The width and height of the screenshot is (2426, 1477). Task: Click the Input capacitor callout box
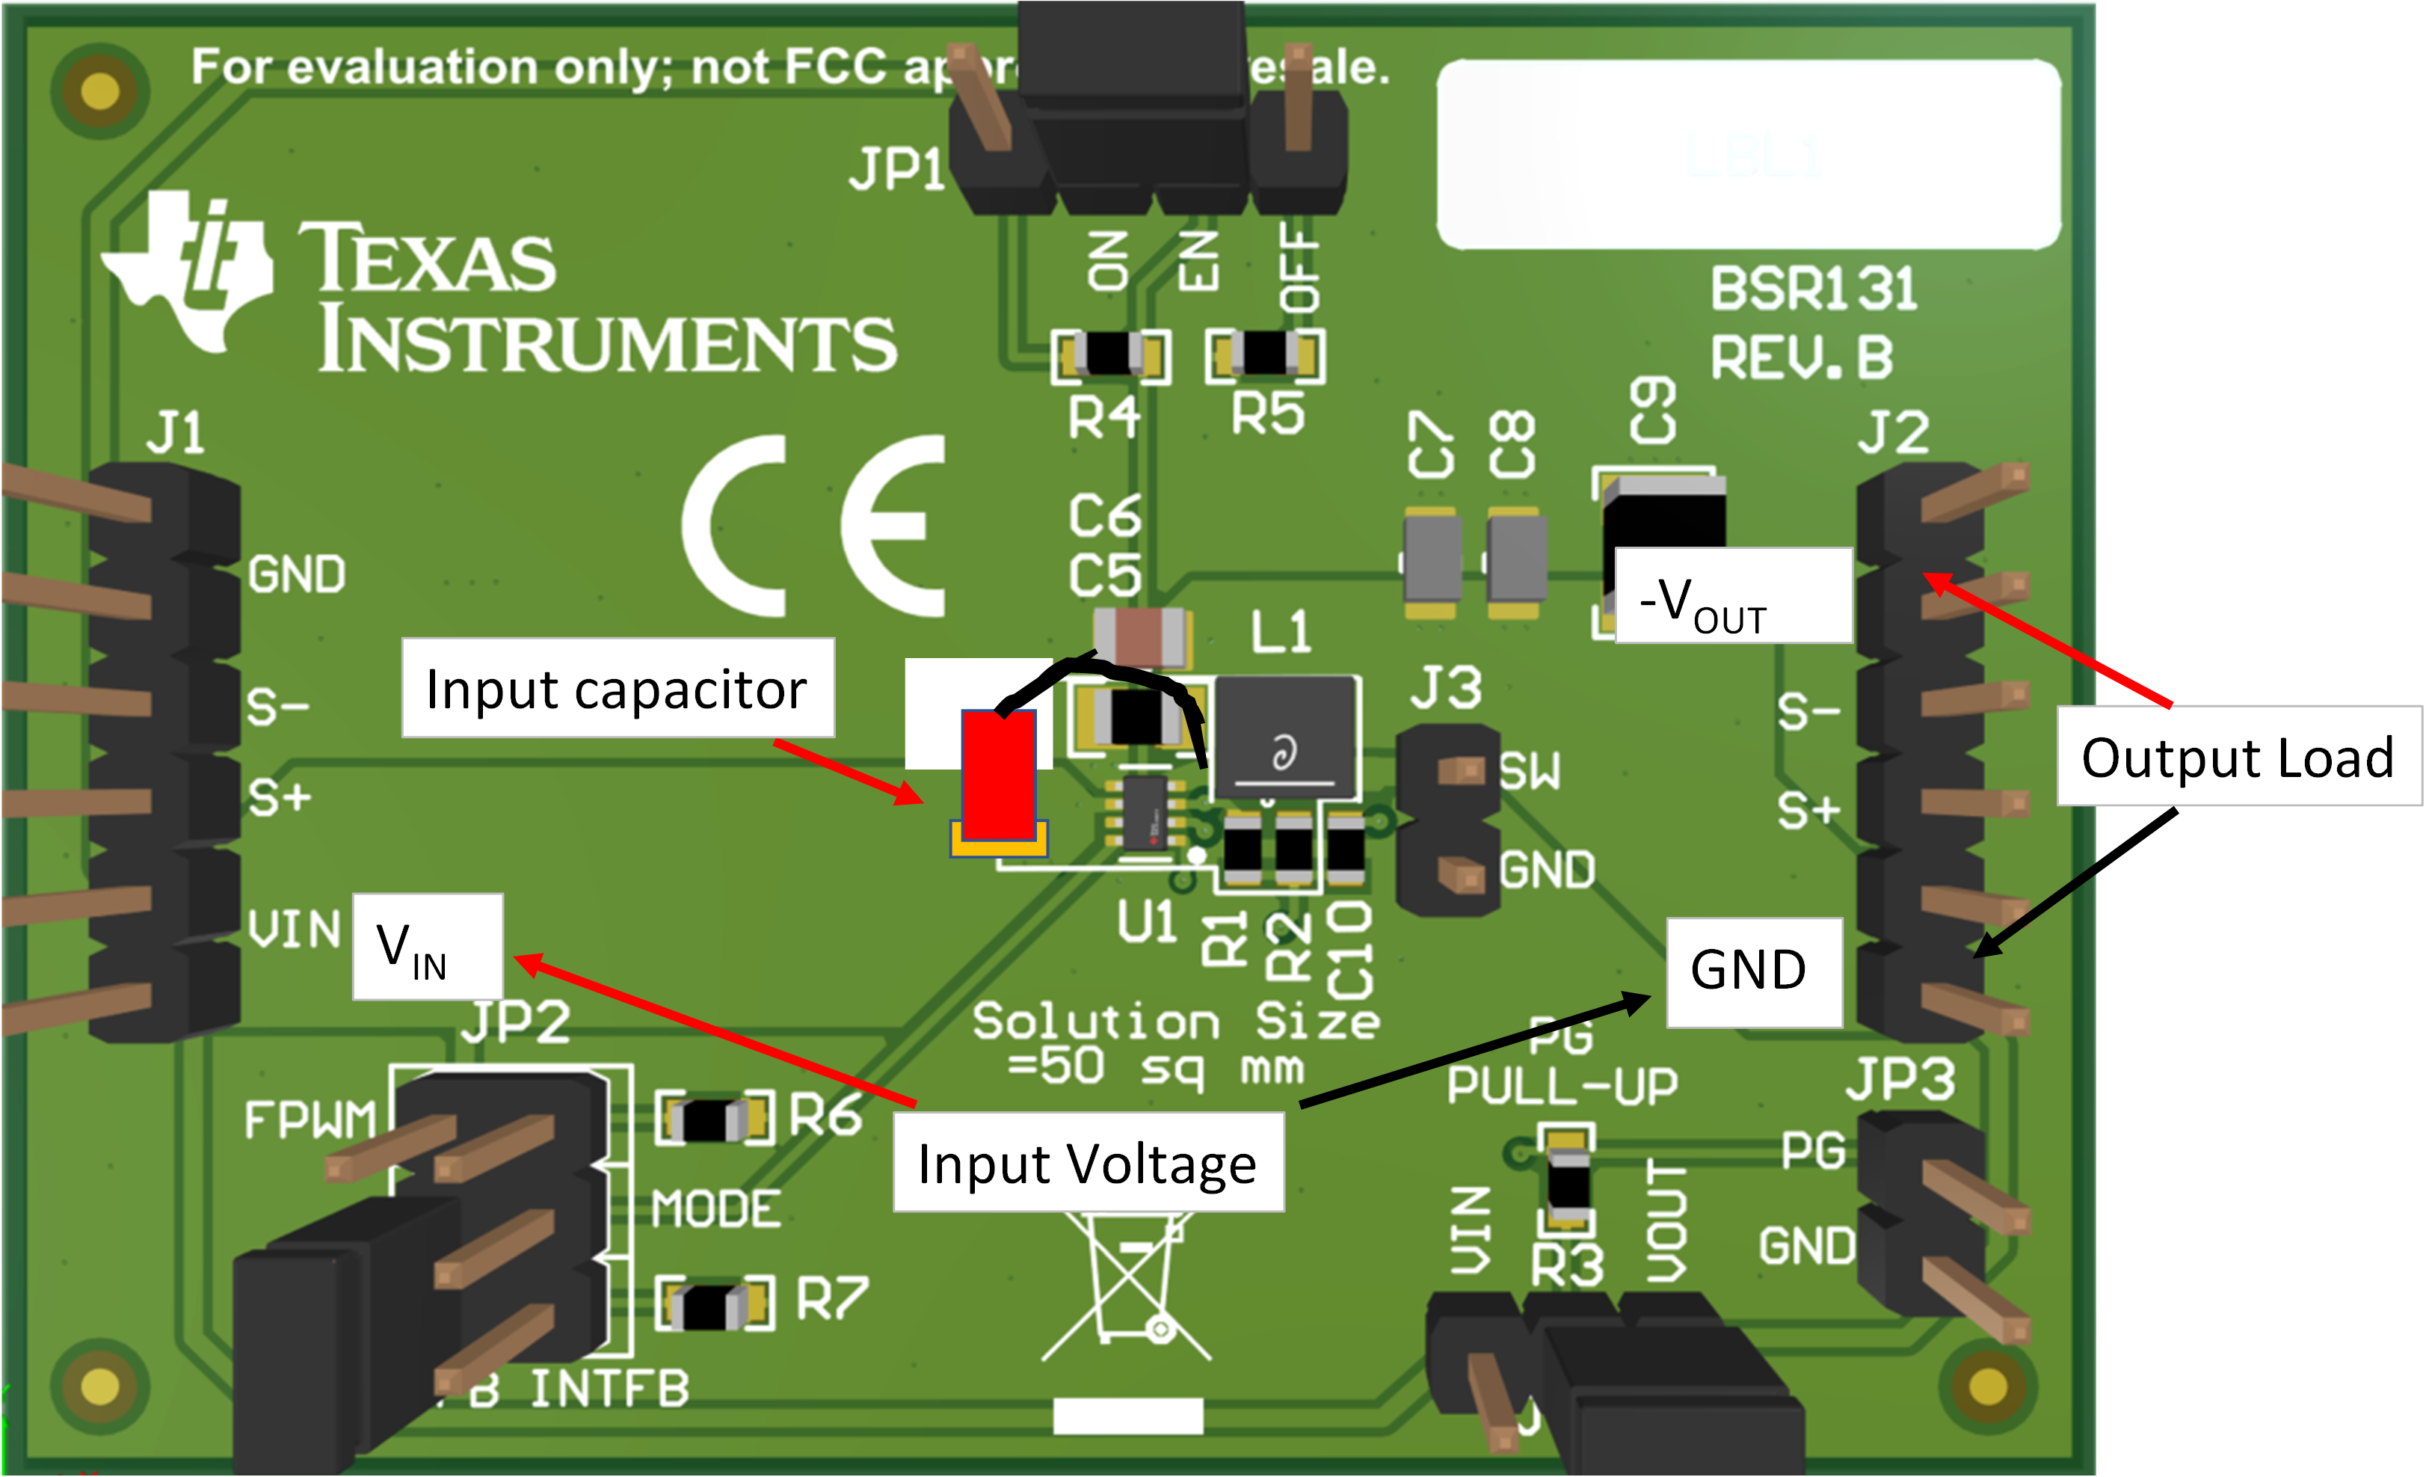[x=618, y=688]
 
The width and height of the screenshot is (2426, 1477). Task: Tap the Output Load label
[x=2237, y=756]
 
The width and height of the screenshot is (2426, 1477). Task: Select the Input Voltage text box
[x=1087, y=1163]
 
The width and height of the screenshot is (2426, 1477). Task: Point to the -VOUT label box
[x=1733, y=597]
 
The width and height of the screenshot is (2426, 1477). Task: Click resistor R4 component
[x=1109, y=354]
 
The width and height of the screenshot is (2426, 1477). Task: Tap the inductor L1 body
[x=1285, y=737]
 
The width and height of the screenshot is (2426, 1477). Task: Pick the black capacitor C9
[x=1662, y=512]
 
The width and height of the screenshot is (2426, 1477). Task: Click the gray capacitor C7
[x=1431, y=559]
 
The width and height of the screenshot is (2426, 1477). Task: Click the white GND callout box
[x=1752, y=972]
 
